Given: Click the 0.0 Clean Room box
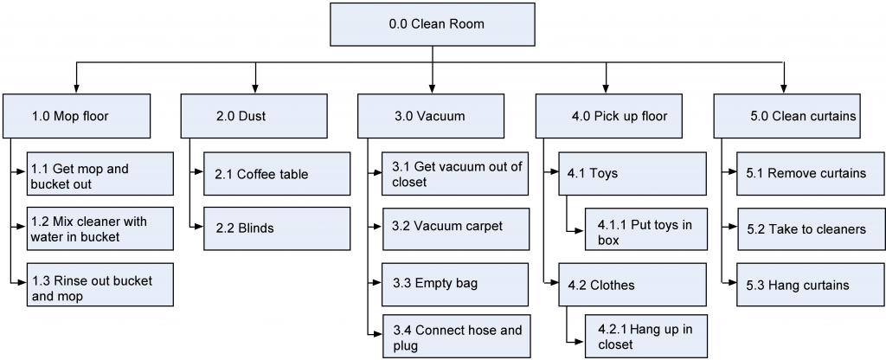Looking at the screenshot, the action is pyautogui.click(x=433, y=24).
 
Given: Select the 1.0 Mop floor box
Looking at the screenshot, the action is pyautogui.click(x=76, y=116).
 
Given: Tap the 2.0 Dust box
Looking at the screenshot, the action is pyautogui.click(x=254, y=116).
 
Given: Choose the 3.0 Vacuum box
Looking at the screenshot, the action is pyautogui.click(x=431, y=116).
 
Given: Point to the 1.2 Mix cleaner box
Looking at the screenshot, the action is pyautogui.click(x=100, y=228).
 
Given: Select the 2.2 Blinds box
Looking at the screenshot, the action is pyautogui.click(x=277, y=228).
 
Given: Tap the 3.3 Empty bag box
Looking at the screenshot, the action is pyautogui.click(x=455, y=284).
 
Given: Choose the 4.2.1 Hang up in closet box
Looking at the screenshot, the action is pyautogui.click(x=645, y=337).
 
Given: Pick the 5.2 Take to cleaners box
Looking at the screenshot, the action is pyautogui.click(x=811, y=228).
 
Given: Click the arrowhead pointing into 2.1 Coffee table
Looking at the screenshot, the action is pyautogui.click(x=200, y=172).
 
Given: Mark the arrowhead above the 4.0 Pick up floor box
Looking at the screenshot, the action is pyautogui.click(x=607, y=89).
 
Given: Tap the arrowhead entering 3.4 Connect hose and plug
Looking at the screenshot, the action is pyautogui.click(x=378, y=334).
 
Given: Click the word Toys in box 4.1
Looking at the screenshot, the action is pyautogui.click(x=603, y=173).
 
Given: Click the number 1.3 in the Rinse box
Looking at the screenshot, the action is pyautogui.click(x=41, y=281).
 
